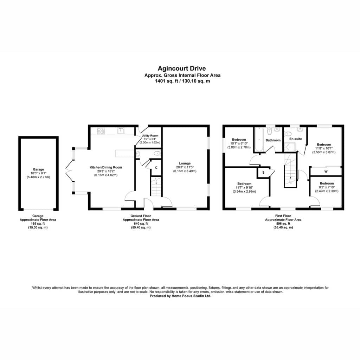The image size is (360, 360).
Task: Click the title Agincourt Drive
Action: [x=182, y=69]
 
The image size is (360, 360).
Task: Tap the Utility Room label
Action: [x=150, y=136]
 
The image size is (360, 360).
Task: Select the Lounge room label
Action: [x=185, y=163]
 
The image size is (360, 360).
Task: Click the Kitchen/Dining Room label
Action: [x=105, y=167]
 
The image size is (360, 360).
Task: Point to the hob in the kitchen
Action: [x=101, y=131]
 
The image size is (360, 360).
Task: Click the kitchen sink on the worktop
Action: [x=120, y=131]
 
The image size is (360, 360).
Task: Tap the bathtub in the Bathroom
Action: [x=259, y=140]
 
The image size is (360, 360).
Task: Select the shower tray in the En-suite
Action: [x=290, y=147]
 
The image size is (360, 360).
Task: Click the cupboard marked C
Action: [x=156, y=168]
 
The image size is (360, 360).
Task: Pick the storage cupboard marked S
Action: [x=263, y=173]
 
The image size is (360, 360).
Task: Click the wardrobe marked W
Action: [x=326, y=171]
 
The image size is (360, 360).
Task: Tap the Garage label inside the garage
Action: [x=38, y=169]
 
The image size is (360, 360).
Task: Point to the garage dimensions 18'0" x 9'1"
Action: [x=38, y=173]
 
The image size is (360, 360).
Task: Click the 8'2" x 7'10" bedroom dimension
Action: [x=327, y=187]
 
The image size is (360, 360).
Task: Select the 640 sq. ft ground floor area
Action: [x=141, y=224]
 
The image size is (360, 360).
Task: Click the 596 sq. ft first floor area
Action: [x=283, y=224]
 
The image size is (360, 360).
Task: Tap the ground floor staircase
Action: [x=156, y=186]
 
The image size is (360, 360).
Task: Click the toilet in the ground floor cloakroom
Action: [x=157, y=154]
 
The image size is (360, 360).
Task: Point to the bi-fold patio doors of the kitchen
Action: [x=68, y=171]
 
